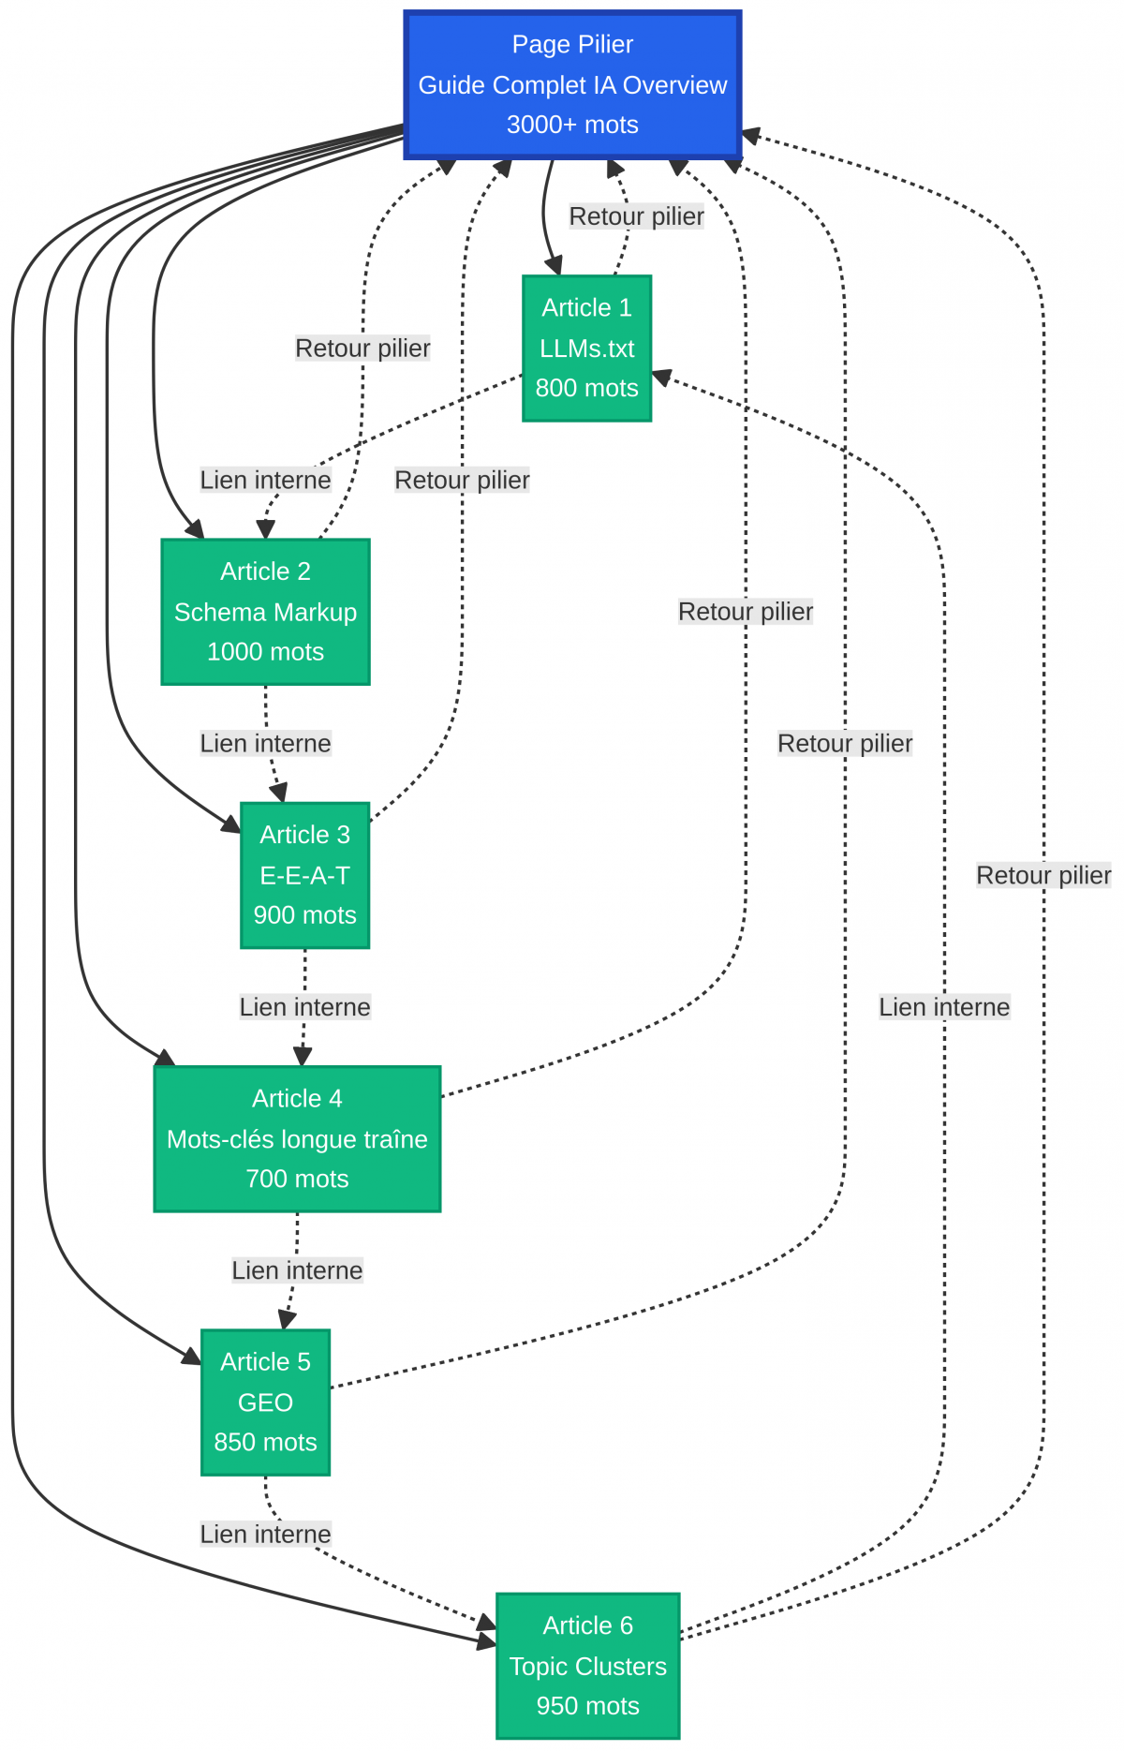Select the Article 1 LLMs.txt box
pos(586,349)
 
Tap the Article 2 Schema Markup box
pos(265,612)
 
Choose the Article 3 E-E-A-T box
pos(304,875)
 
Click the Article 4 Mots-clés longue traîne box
pos(297,1138)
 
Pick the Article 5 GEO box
pos(265,1402)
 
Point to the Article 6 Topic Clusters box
pos(587,1666)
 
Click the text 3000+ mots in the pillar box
pos(572,125)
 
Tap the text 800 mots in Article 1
pos(586,388)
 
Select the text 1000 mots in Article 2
pos(265,652)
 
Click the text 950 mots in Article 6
pos(587,1706)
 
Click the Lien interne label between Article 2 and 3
pos(265,743)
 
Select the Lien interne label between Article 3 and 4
pos(304,1007)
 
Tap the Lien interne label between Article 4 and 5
pos(297,1270)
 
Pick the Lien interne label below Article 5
pos(265,1534)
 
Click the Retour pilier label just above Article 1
pos(636,216)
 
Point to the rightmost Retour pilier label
pos(1043,875)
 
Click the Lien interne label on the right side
pos(943,1007)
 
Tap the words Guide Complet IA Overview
pos(572,85)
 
